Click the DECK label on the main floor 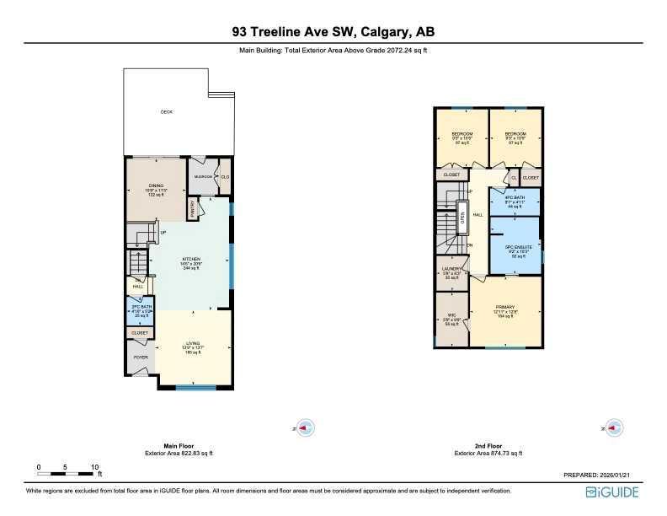click(x=167, y=112)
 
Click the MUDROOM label click(x=203, y=176)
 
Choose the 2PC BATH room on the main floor click(x=140, y=309)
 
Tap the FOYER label click(x=140, y=357)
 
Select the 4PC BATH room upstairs click(x=514, y=202)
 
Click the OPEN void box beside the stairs click(x=462, y=218)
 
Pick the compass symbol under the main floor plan click(x=306, y=427)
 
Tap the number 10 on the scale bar click(x=95, y=466)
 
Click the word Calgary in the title click(x=386, y=32)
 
